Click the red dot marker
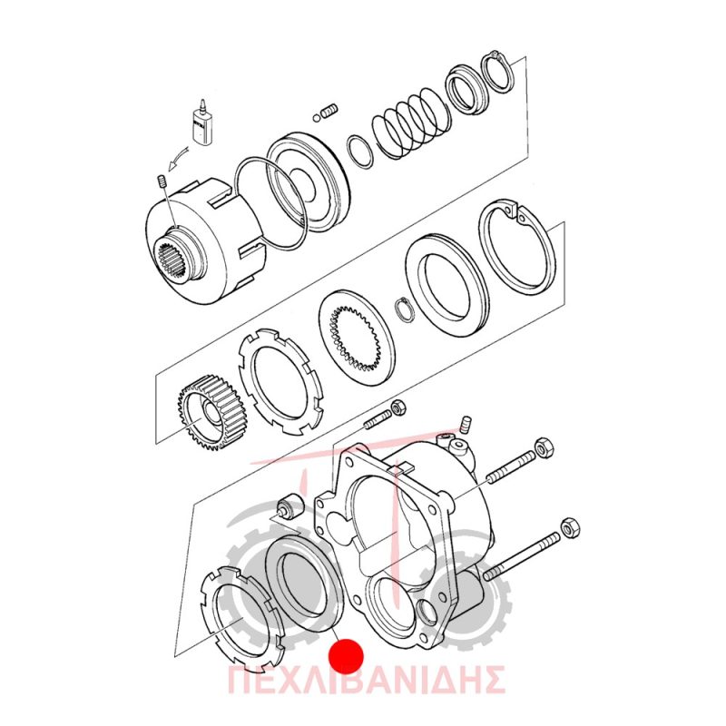347,656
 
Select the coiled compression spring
410,122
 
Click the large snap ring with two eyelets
516,249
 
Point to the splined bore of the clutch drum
172,260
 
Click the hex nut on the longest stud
572,527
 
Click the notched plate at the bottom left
243,617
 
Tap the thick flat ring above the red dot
304,584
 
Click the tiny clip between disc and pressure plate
402,309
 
